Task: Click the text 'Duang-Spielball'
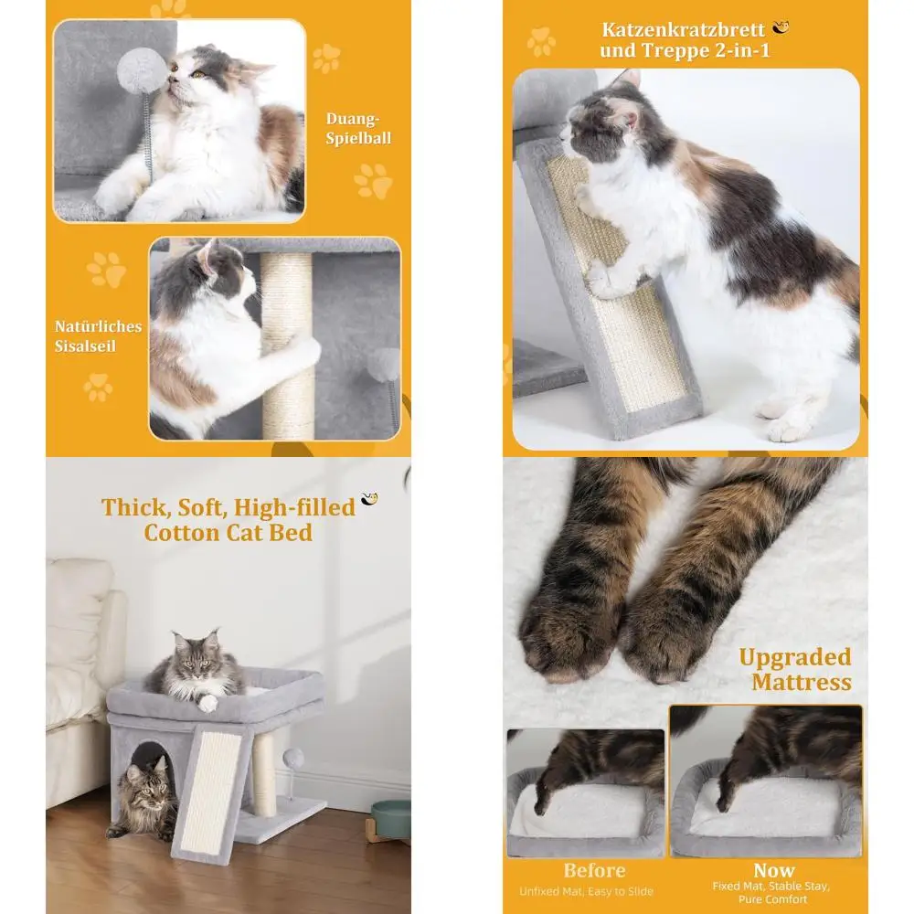coord(358,129)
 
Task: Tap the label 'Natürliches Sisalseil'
coord(98,335)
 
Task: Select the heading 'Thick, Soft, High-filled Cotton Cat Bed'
coord(228,519)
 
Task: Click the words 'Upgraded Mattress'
coord(794,669)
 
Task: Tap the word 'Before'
coord(594,870)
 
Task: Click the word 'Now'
coord(773,870)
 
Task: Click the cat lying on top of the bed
coord(197,664)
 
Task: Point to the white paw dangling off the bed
coord(208,702)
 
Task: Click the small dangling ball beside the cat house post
coord(294,758)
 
